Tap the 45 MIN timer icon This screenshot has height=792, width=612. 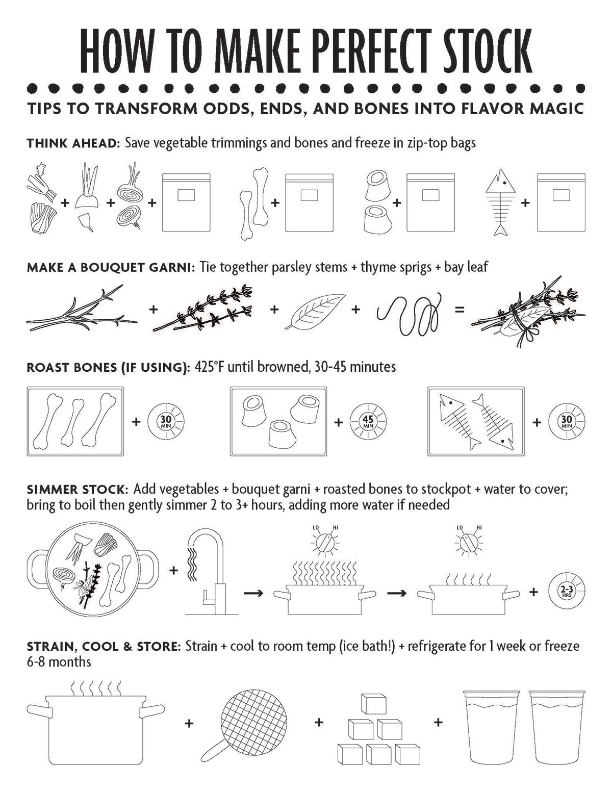point(368,422)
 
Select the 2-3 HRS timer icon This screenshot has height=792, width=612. point(567,592)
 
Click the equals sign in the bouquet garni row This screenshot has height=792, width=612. point(460,310)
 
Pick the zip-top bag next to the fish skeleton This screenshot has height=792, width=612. point(562,202)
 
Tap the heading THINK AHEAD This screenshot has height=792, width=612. point(71,143)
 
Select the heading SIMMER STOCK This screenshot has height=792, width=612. point(75,490)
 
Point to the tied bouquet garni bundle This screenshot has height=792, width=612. point(528,312)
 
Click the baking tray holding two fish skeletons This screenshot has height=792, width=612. point(476,421)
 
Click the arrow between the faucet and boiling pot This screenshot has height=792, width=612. point(253,593)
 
